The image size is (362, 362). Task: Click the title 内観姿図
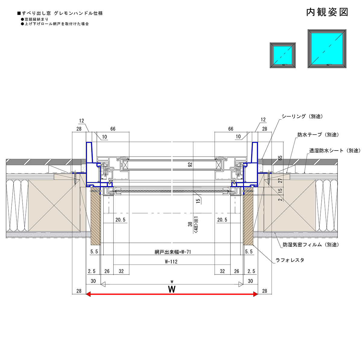pyautogui.click(x=327, y=12)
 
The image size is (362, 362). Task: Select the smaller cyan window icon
pyautogui.click(x=283, y=55)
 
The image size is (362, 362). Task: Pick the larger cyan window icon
pyautogui.click(x=327, y=49)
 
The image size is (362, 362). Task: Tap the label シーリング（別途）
pyautogui.click(x=302, y=116)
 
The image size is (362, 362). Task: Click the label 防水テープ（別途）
pyautogui.click(x=318, y=135)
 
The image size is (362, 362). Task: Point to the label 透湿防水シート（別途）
pyautogui.click(x=335, y=151)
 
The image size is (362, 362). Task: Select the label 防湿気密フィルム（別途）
pyautogui.click(x=311, y=245)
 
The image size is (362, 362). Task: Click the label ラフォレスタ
pyautogui.click(x=290, y=260)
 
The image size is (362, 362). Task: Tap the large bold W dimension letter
pyautogui.click(x=172, y=289)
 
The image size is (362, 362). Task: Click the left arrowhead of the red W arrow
pyautogui.click(x=88, y=294)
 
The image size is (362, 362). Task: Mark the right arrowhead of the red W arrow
pyautogui.click(x=256, y=294)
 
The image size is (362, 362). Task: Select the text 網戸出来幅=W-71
pyautogui.click(x=173, y=252)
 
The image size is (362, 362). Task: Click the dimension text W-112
pyautogui.click(x=171, y=262)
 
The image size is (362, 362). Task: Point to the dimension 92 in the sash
pyautogui.click(x=190, y=165)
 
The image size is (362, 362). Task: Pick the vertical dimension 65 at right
pyautogui.click(x=280, y=158)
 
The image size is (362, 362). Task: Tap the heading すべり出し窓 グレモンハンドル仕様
pyautogui.click(x=60, y=13)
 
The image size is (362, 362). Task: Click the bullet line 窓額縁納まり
pyautogui.click(x=35, y=19)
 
